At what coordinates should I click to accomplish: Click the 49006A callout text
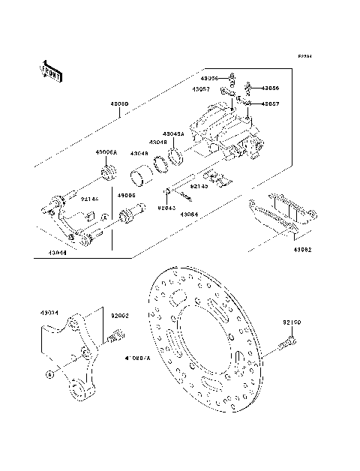click(x=106, y=152)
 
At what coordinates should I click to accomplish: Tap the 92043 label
click(x=166, y=208)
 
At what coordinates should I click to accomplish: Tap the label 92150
click(x=292, y=322)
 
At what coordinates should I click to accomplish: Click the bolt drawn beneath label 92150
click(x=287, y=346)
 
